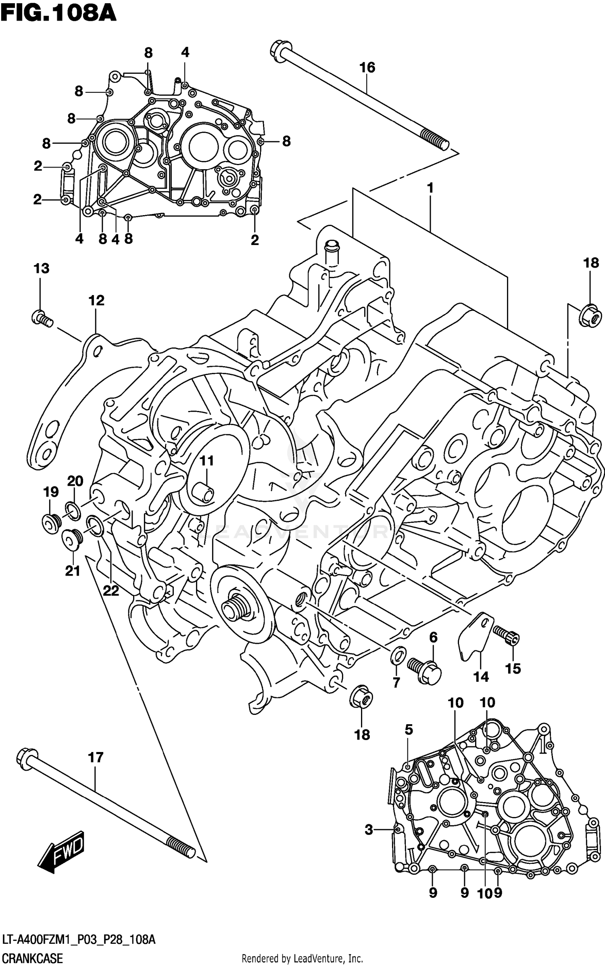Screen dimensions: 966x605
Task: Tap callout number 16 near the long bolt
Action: click(x=367, y=68)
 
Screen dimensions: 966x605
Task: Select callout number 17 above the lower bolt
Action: click(x=96, y=758)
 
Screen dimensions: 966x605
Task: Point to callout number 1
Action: click(x=430, y=188)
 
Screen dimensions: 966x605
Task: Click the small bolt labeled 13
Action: click(x=41, y=318)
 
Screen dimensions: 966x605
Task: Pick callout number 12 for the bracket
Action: click(x=96, y=300)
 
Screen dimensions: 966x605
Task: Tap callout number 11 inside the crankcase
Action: click(x=207, y=461)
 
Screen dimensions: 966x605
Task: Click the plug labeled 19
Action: click(x=51, y=524)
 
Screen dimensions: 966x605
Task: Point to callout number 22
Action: click(x=111, y=591)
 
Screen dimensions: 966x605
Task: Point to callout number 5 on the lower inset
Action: click(x=409, y=729)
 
